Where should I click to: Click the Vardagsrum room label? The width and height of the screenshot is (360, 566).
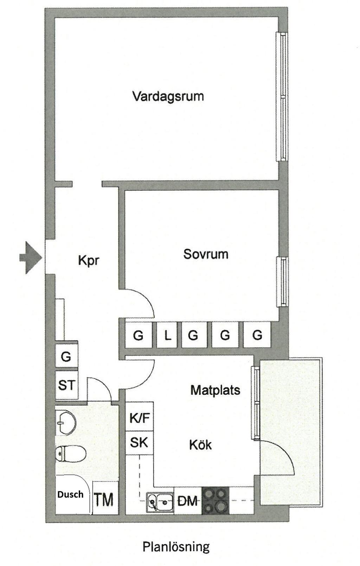(x=168, y=96)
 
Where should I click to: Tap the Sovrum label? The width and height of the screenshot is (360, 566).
(x=206, y=254)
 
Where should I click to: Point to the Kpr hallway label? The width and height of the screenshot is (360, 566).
(x=89, y=261)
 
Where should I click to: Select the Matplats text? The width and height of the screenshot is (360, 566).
(x=215, y=390)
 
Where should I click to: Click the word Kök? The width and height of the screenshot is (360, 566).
(x=200, y=445)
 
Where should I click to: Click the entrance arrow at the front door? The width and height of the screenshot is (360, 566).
(x=31, y=257)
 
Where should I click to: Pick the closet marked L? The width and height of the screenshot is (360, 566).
(x=167, y=335)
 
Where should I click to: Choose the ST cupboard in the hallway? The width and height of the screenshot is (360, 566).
(x=66, y=385)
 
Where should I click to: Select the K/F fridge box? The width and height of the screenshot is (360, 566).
(x=140, y=418)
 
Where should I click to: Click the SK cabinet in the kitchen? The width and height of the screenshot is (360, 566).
(x=139, y=443)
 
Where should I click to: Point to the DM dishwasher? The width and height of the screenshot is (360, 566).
(x=187, y=501)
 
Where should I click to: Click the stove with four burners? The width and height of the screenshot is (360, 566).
(x=215, y=501)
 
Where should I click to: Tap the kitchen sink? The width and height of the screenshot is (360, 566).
(x=160, y=501)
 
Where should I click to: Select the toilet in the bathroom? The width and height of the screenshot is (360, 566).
(x=71, y=454)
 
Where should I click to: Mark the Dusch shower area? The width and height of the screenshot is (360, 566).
(x=71, y=495)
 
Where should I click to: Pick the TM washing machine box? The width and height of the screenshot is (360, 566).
(x=104, y=499)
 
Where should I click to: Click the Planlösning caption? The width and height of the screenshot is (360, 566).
(x=176, y=547)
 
